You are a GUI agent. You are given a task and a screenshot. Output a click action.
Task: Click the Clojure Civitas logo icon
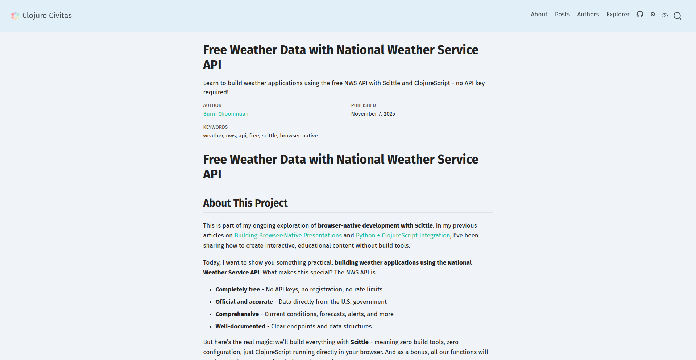(x=15, y=16)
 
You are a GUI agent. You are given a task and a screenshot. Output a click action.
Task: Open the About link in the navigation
(x=539, y=15)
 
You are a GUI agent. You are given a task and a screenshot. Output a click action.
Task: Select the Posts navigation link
(x=562, y=15)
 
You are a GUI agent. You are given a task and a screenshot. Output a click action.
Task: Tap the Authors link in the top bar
(x=588, y=15)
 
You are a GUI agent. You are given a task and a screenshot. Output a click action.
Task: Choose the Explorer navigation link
(x=618, y=15)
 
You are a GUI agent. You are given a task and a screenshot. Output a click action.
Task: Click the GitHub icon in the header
(x=640, y=15)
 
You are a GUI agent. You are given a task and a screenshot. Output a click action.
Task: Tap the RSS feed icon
(x=653, y=15)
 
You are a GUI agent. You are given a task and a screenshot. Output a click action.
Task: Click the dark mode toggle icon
(x=664, y=16)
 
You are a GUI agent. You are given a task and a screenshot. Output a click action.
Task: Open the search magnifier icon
(x=677, y=16)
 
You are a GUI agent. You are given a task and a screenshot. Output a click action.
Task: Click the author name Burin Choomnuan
(x=225, y=114)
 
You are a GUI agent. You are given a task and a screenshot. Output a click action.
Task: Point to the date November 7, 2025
(x=373, y=114)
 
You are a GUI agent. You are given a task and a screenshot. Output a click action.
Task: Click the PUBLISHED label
(x=363, y=105)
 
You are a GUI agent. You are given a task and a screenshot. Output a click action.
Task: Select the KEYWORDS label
(x=215, y=127)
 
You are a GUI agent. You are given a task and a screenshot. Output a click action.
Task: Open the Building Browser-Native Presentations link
(x=288, y=236)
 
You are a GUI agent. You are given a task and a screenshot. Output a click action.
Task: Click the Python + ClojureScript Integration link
(x=403, y=236)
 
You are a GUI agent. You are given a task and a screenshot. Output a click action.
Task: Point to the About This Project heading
(x=245, y=203)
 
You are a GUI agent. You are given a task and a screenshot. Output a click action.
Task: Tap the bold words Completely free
(x=237, y=289)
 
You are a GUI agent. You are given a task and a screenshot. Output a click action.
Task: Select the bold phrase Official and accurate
(x=244, y=302)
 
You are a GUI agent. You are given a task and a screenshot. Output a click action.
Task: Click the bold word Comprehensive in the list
(x=237, y=314)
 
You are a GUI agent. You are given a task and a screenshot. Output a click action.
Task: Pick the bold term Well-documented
(x=240, y=326)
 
